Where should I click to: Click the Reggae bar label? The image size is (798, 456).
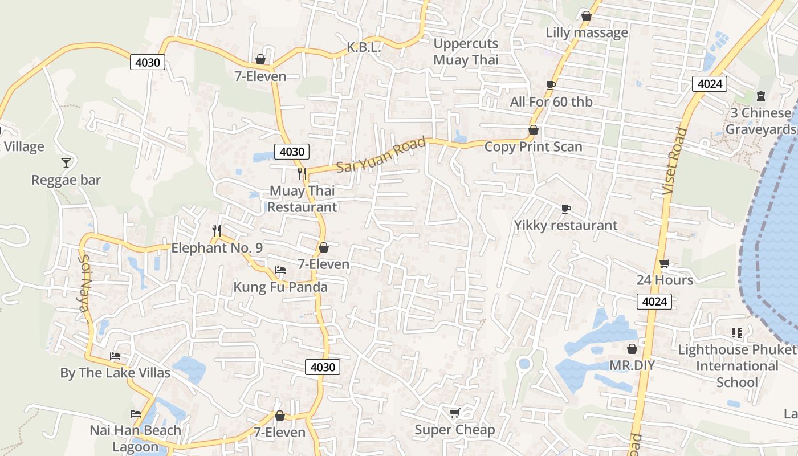click(66, 180)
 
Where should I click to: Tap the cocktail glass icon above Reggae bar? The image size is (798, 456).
click(66, 163)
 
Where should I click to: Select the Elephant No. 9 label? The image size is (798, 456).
click(217, 248)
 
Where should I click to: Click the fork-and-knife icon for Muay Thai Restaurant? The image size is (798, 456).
click(302, 173)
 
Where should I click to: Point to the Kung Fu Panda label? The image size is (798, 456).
click(280, 287)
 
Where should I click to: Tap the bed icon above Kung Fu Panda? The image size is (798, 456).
click(280, 270)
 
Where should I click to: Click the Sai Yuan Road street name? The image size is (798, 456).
click(381, 155)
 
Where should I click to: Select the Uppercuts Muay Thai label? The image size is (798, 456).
click(466, 52)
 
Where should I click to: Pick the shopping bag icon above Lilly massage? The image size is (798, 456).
click(586, 16)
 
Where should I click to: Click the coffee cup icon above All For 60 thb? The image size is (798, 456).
click(551, 85)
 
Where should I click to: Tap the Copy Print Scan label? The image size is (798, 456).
click(534, 147)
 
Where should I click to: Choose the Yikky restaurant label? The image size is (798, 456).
click(565, 226)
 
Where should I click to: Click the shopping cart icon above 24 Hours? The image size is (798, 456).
click(664, 263)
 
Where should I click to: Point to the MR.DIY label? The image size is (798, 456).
click(632, 365)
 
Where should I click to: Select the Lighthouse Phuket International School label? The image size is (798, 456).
click(737, 366)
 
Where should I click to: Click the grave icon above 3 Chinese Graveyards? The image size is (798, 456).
click(760, 96)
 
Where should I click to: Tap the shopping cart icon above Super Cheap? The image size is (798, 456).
click(454, 413)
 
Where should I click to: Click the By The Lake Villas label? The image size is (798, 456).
click(115, 373)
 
